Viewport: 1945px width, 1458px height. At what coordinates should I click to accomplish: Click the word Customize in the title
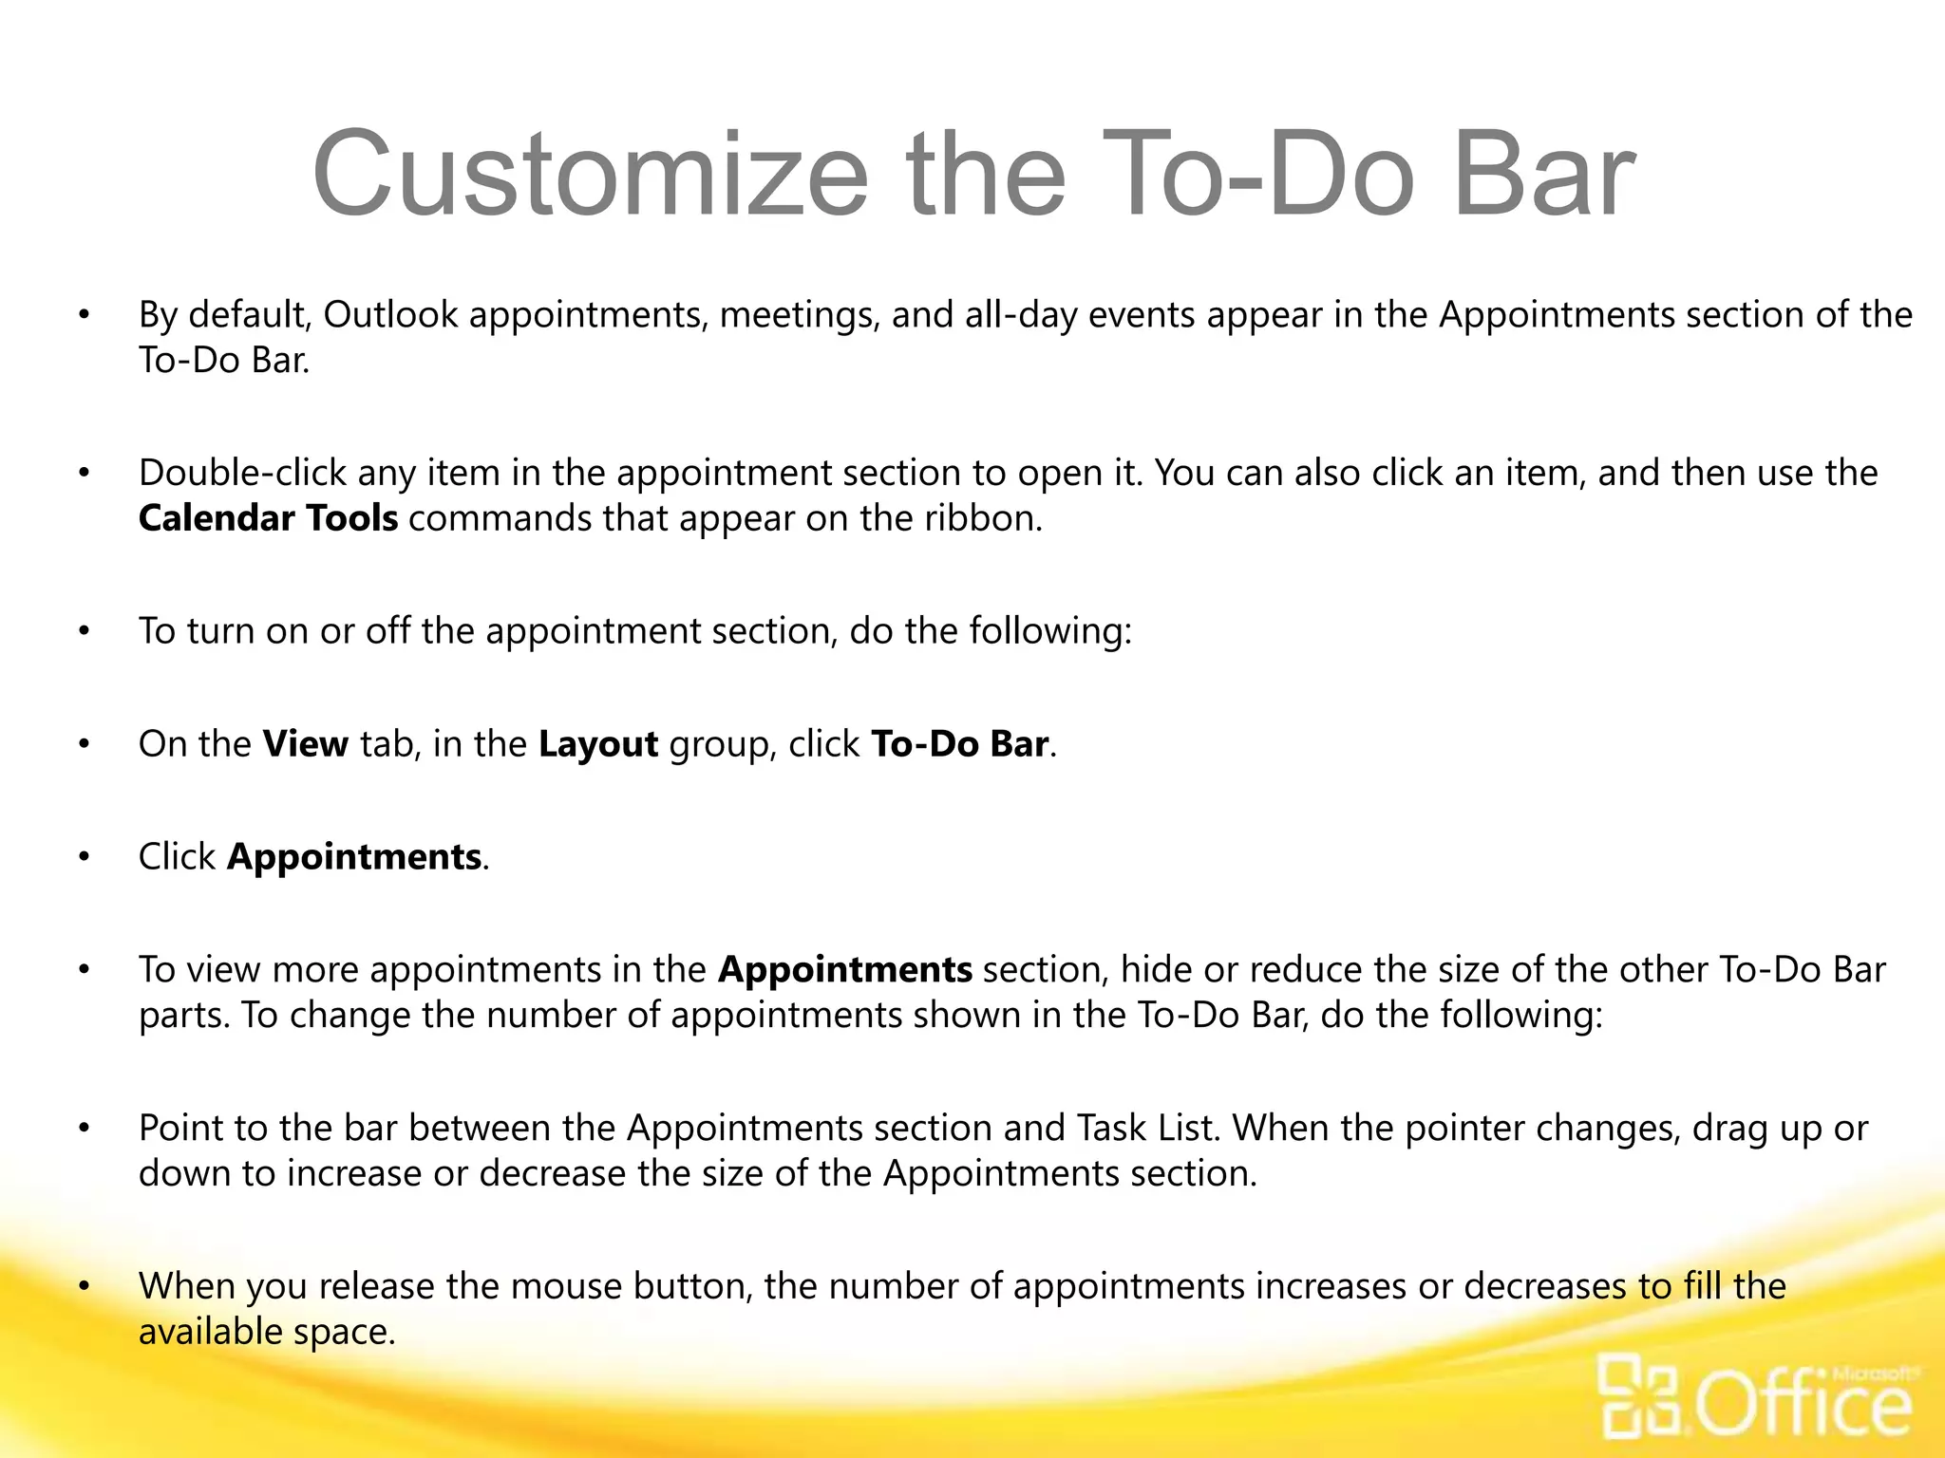click(x=590, y=177)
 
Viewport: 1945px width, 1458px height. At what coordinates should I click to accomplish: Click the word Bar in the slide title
click(x=1544, y=177)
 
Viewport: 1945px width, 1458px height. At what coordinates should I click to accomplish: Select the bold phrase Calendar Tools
click(x=268, y=518)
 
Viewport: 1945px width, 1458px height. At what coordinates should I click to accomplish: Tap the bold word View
click(x=306, y=744)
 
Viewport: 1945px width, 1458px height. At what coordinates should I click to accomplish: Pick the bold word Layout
click(x=598, y=744)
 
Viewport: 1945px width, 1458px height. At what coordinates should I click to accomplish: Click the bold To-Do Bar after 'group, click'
click(x=959, y=744)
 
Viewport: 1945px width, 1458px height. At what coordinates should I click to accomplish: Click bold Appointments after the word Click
click(x=354, y=857)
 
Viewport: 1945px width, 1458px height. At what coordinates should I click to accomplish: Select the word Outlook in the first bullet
click(x=390, y=315)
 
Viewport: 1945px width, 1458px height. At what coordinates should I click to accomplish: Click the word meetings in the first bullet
click(x=800, y=315)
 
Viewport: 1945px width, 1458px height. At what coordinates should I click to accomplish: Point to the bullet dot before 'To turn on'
click(x=85, y=631)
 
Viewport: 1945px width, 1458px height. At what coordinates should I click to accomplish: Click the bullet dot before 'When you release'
click(x=85, y=1287)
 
